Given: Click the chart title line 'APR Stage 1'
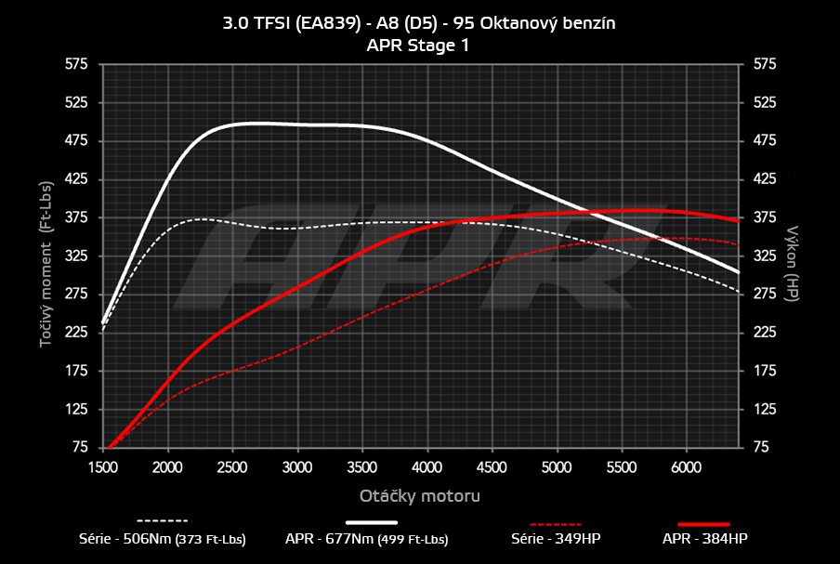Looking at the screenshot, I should pos(418,44).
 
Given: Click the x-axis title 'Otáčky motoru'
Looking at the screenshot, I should pos(419,495).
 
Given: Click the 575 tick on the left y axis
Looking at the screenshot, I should pos(76,64).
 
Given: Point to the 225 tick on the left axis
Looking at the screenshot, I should pos(76,333).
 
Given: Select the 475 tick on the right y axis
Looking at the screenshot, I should pos(764,141).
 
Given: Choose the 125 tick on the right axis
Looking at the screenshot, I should pos(764,410).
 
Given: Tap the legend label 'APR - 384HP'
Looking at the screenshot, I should pos(704,539).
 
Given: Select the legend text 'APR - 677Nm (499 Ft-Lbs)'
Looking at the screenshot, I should pos(367,539).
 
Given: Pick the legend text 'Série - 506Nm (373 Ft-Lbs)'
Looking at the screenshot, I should pos(163,539).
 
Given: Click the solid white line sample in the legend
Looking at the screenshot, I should pos(378,522).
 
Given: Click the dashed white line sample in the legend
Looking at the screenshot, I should pos(163,521).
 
